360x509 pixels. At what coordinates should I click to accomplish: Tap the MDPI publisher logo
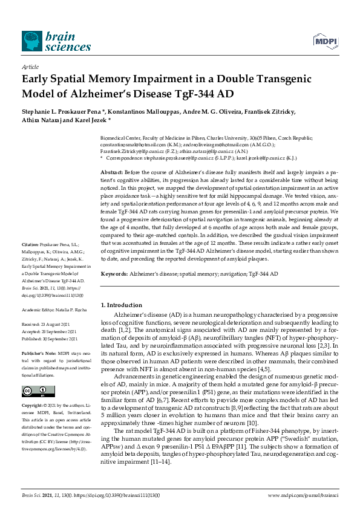click(x=325, y=40)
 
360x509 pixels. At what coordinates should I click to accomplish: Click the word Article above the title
click(x=30, y=67)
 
